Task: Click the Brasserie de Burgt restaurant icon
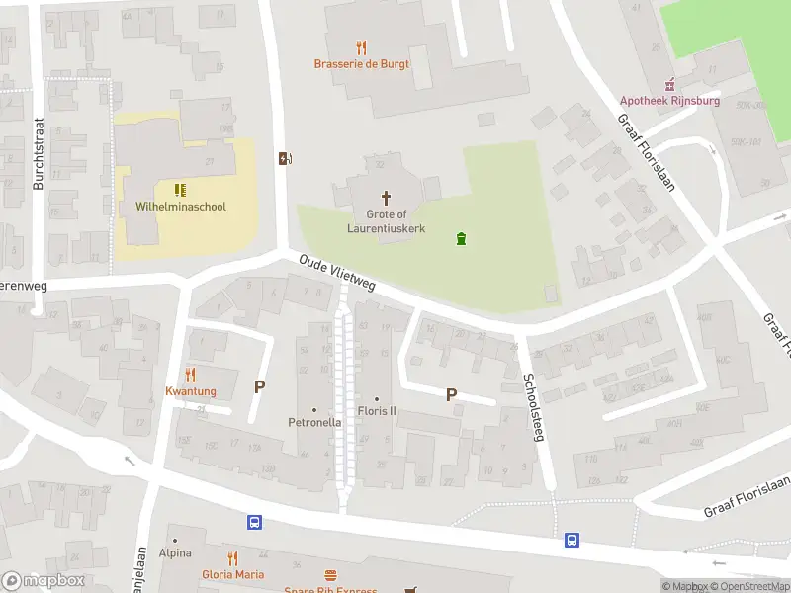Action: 361,46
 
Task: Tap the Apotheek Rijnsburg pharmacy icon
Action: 671,84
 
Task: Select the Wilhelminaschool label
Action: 181,207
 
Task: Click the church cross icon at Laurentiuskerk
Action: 386,198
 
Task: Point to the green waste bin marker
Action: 460,238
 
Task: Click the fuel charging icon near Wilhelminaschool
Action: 286,159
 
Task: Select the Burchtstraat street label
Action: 40,160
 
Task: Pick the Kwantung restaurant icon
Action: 190,375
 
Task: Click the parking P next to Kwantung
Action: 260,387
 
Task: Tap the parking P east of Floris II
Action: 451,395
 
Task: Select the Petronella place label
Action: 314,422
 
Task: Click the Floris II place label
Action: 376,411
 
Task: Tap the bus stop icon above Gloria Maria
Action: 254,523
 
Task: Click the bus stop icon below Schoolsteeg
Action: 572,540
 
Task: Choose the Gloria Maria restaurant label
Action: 233,574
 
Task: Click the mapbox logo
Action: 43,581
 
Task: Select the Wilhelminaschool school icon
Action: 180,190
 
